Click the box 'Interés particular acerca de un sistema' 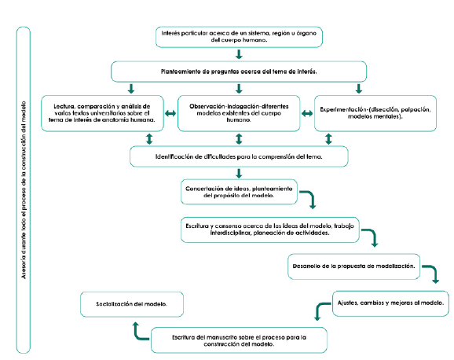click(239, 37)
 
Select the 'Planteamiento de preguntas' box click(239, 72)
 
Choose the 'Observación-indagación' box click(238, 112)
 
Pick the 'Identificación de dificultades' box click(239, 156)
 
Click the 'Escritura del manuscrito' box click(239, 340)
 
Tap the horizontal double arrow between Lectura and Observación click(169, 113)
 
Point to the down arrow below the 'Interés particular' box click(239, 54)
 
